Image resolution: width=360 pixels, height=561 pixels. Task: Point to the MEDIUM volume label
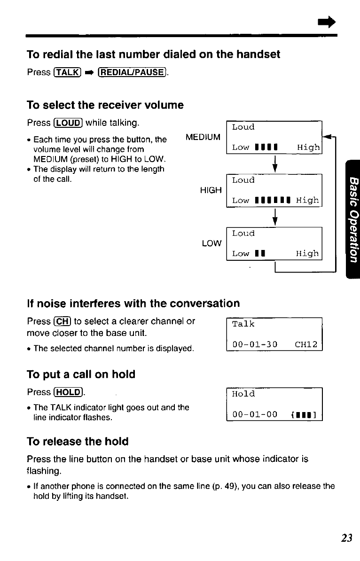(x=203, y=137)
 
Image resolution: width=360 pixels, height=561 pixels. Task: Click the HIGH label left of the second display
(x=211, y=190)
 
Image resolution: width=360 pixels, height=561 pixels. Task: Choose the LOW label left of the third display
(x=211, y=243)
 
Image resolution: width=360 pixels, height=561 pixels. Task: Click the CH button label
(x=60, y=321)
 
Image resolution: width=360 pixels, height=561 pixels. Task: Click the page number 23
(x=347, y=538)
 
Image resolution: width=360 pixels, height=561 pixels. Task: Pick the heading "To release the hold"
(x=78, y=442)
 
